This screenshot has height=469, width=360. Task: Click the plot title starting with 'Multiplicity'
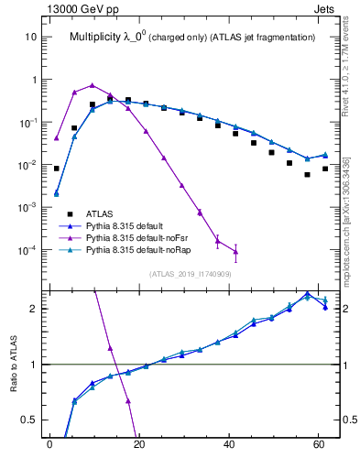pos(192,38)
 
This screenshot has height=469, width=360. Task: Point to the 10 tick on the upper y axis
pos(30,38)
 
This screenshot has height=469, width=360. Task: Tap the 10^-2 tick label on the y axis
pos(28,165)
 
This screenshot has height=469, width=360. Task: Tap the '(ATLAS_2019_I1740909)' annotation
pos(191,274)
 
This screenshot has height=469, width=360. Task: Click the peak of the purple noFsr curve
pos(92,84)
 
